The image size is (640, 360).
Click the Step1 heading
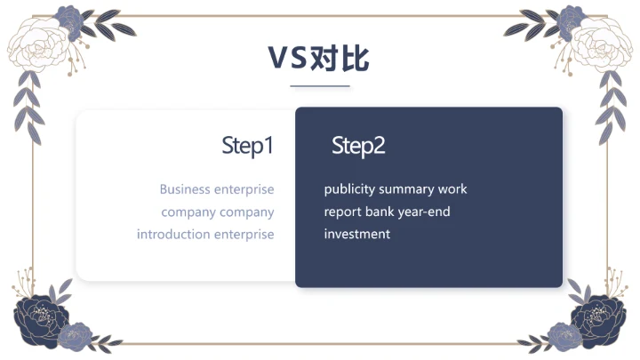coord(247,146)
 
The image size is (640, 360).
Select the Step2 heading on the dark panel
coord(358,146)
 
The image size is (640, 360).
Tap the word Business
coord(185,189)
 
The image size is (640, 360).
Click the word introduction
coord(174,235)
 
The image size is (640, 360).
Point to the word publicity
coord(349,189)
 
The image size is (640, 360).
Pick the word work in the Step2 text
coord(454,189)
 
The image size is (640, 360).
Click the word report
coord(342,212)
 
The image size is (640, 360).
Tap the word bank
coord(380,212)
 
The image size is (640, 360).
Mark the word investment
coord(356,235)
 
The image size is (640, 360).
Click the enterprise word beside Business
coord(244,189)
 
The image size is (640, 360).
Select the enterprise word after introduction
coord(244,235)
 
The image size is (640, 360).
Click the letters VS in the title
coord(287,59)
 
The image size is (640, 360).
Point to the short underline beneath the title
coord(320,86)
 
